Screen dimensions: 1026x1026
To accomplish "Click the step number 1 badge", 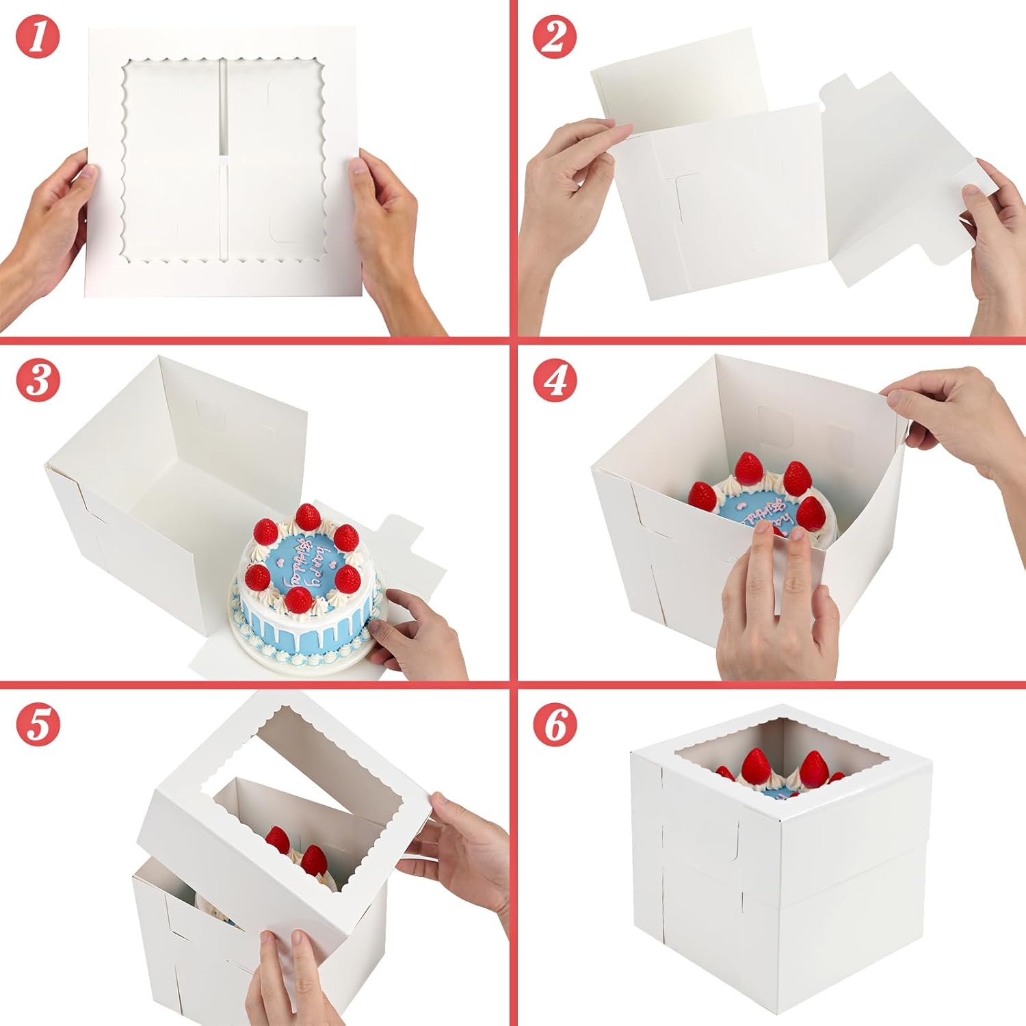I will point(38,38).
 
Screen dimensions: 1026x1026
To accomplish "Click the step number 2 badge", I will point(555,38).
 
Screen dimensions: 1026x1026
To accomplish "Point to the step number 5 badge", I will point(38,722).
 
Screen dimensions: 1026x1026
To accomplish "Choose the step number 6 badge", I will point(555,722).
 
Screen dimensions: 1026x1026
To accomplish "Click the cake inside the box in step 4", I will point(759,499).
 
